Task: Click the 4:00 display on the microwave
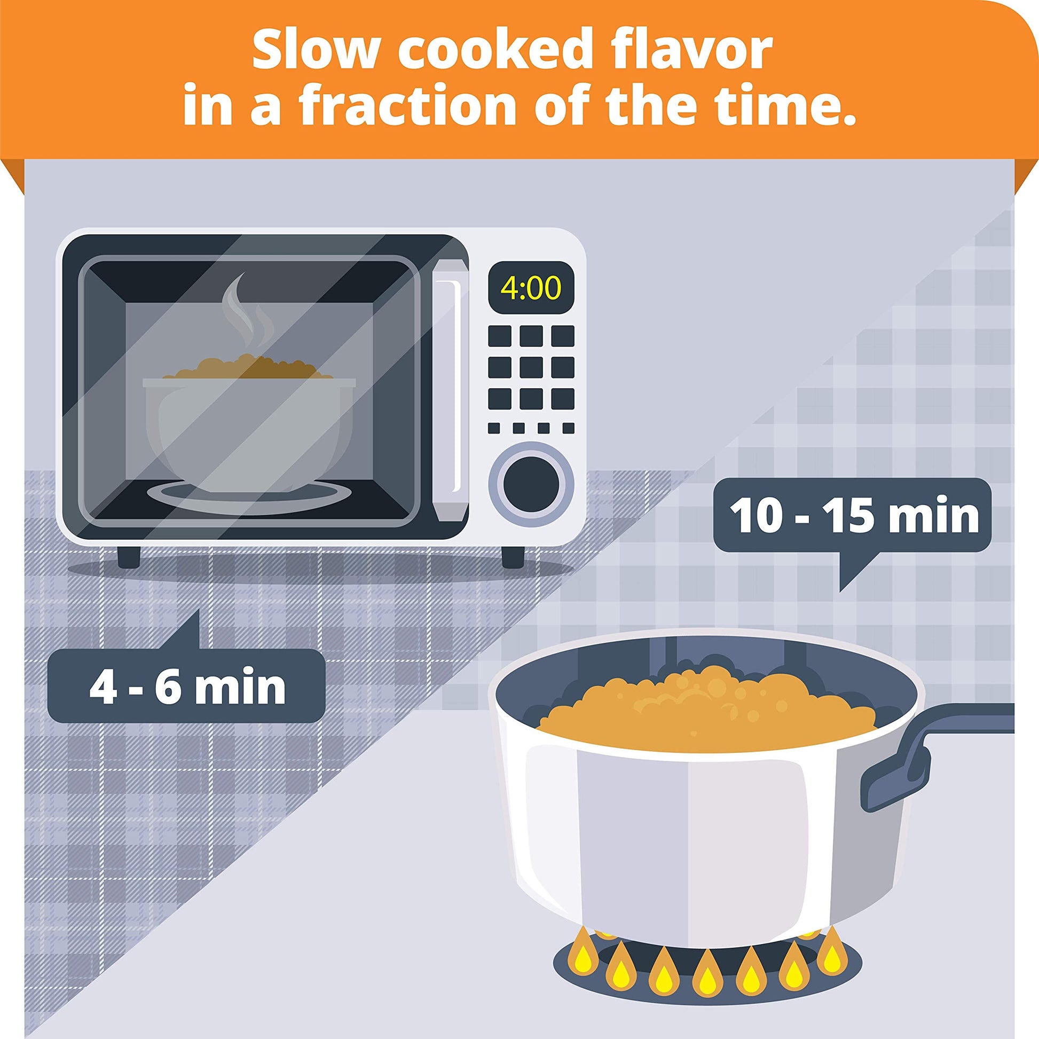pyautogui.click(x=530, y=289)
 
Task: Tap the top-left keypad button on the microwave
pyautogui.click(x=500, y=336)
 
